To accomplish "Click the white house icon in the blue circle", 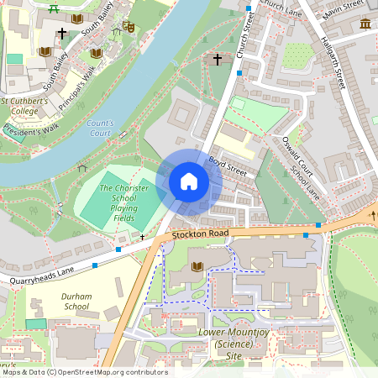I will coord(189,181).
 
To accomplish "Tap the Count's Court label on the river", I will coord(100,128).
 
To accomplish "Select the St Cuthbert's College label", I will coord(30,106).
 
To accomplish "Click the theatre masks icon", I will coord(129,27).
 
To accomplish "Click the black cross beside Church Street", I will coord(218,60).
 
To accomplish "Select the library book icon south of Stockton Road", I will coord(197,266).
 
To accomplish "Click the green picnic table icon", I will coord(55,9).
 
